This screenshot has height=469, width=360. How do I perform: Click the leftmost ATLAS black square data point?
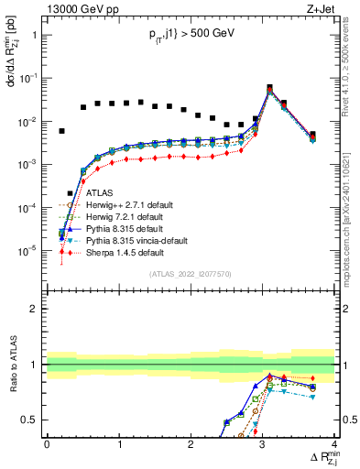[x=61, y=131]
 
